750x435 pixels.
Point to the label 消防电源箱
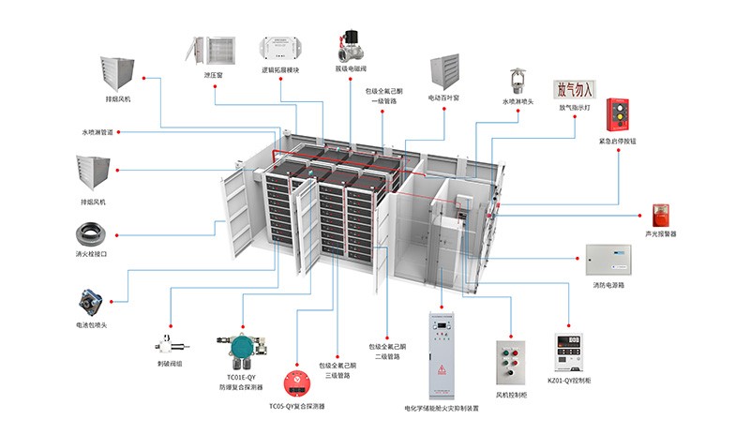(x=608, y=284)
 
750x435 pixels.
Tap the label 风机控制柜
(x=513, y=397)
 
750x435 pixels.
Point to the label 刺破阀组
(x=171, y=363)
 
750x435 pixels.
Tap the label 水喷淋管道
(x=97, y=132)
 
